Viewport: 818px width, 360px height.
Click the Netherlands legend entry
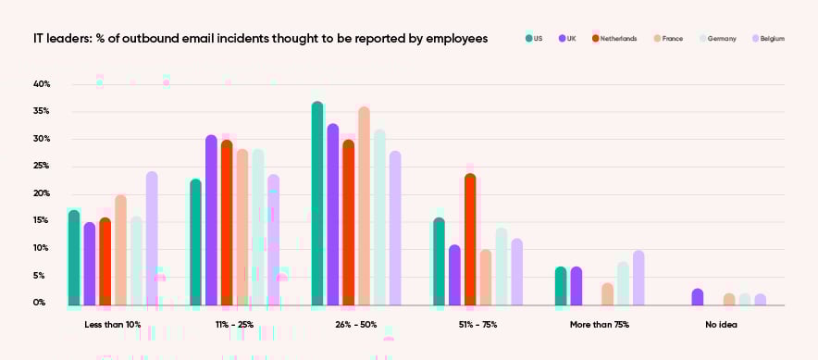pos(613,39)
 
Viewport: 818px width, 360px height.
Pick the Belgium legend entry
pos(768,39)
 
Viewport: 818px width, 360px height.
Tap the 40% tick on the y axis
pos(42,84)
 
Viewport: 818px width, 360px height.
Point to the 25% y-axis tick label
pos(42,167)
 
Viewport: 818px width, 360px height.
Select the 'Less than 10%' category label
pos(112,325)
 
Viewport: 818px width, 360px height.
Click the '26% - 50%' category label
pos(355,325)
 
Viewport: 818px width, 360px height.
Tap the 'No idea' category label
pos(721,325)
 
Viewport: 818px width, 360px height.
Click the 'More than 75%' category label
pos(599,325)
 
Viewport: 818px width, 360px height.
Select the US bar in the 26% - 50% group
pos(317,204)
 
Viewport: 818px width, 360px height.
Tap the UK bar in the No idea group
pos(698,297)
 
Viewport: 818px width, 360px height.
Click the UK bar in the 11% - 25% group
pos(211,220)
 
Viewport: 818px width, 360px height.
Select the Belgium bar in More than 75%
pos(638,278)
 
